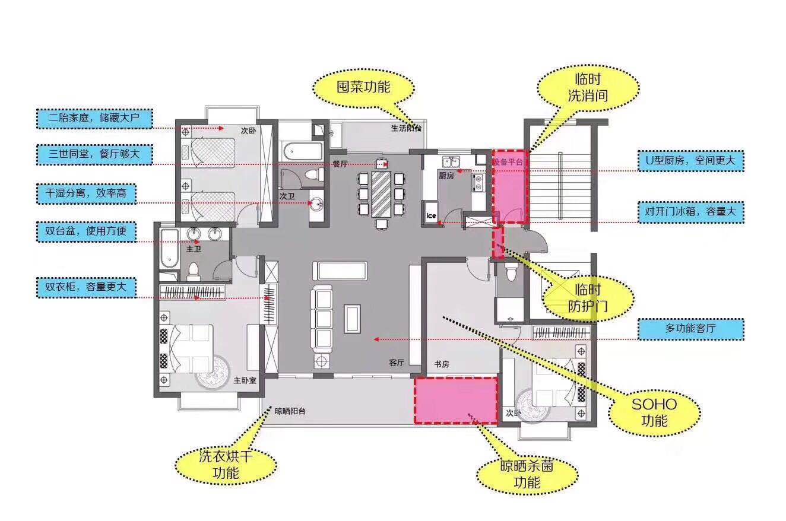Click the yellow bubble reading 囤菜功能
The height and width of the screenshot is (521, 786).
click(363, 88)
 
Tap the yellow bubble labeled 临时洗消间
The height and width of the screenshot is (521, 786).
click(588, 88)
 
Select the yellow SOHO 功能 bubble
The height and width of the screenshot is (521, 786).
click(654, 412)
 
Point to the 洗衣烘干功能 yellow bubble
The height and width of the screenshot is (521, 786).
click(226, 465)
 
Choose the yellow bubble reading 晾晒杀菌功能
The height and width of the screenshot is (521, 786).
click(527, 474)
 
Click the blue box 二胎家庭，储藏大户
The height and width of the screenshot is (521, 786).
click(94, 119)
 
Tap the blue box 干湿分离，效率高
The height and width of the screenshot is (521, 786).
click(86, 193)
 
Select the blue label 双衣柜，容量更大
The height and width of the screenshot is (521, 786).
click(86, 287)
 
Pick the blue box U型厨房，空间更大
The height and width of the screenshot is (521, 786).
click(690, 161)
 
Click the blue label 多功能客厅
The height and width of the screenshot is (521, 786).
click(690, 329)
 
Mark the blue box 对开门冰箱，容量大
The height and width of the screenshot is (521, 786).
click(690, 212)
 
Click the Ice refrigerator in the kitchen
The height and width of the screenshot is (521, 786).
click(431, 212)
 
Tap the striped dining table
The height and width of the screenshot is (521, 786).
click(381, 194)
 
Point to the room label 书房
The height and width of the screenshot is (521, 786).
click(442, 364)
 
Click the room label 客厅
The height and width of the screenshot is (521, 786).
click(397, 363)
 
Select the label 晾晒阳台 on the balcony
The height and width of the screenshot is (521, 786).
click(290, 411)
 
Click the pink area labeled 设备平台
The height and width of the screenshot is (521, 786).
click(510, 187)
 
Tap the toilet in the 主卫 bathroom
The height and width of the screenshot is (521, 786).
click(194, 272)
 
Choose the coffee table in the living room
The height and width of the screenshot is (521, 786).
click(352, 319)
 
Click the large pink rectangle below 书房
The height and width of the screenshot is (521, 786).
click(456, 401)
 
